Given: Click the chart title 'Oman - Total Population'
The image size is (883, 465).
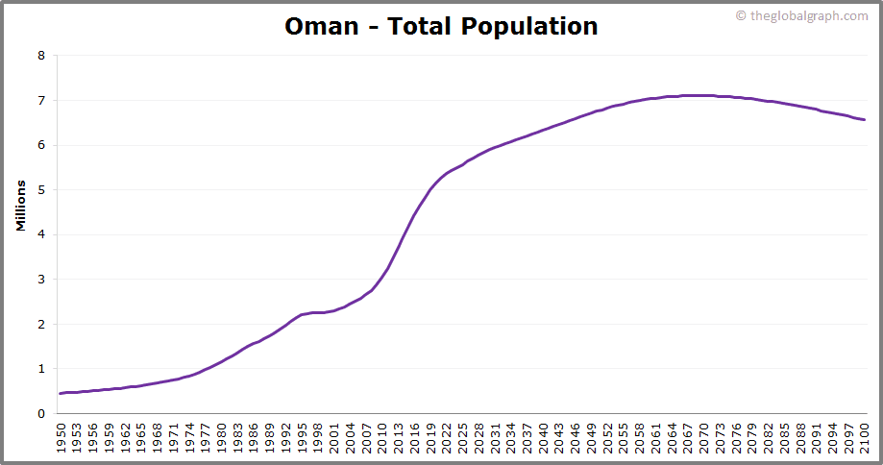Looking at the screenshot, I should tap(441, 26).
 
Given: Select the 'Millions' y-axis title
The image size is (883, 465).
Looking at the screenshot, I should tap(21, 205).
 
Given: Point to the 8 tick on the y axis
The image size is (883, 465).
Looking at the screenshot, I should tap(41, 56).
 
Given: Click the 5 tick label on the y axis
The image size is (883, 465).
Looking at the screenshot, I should tap(41, 190).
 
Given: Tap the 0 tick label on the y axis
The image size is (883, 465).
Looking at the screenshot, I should tap(41, 414).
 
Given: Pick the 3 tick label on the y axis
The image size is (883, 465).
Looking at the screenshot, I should tap(41, 280).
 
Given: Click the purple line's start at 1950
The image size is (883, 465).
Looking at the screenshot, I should tap(61, 393).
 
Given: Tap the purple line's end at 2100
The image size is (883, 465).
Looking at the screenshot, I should tap(864, 120).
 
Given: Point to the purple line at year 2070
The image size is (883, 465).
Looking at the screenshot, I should tap(703, 95).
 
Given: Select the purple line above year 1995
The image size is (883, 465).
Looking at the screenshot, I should tap(302, 315).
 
